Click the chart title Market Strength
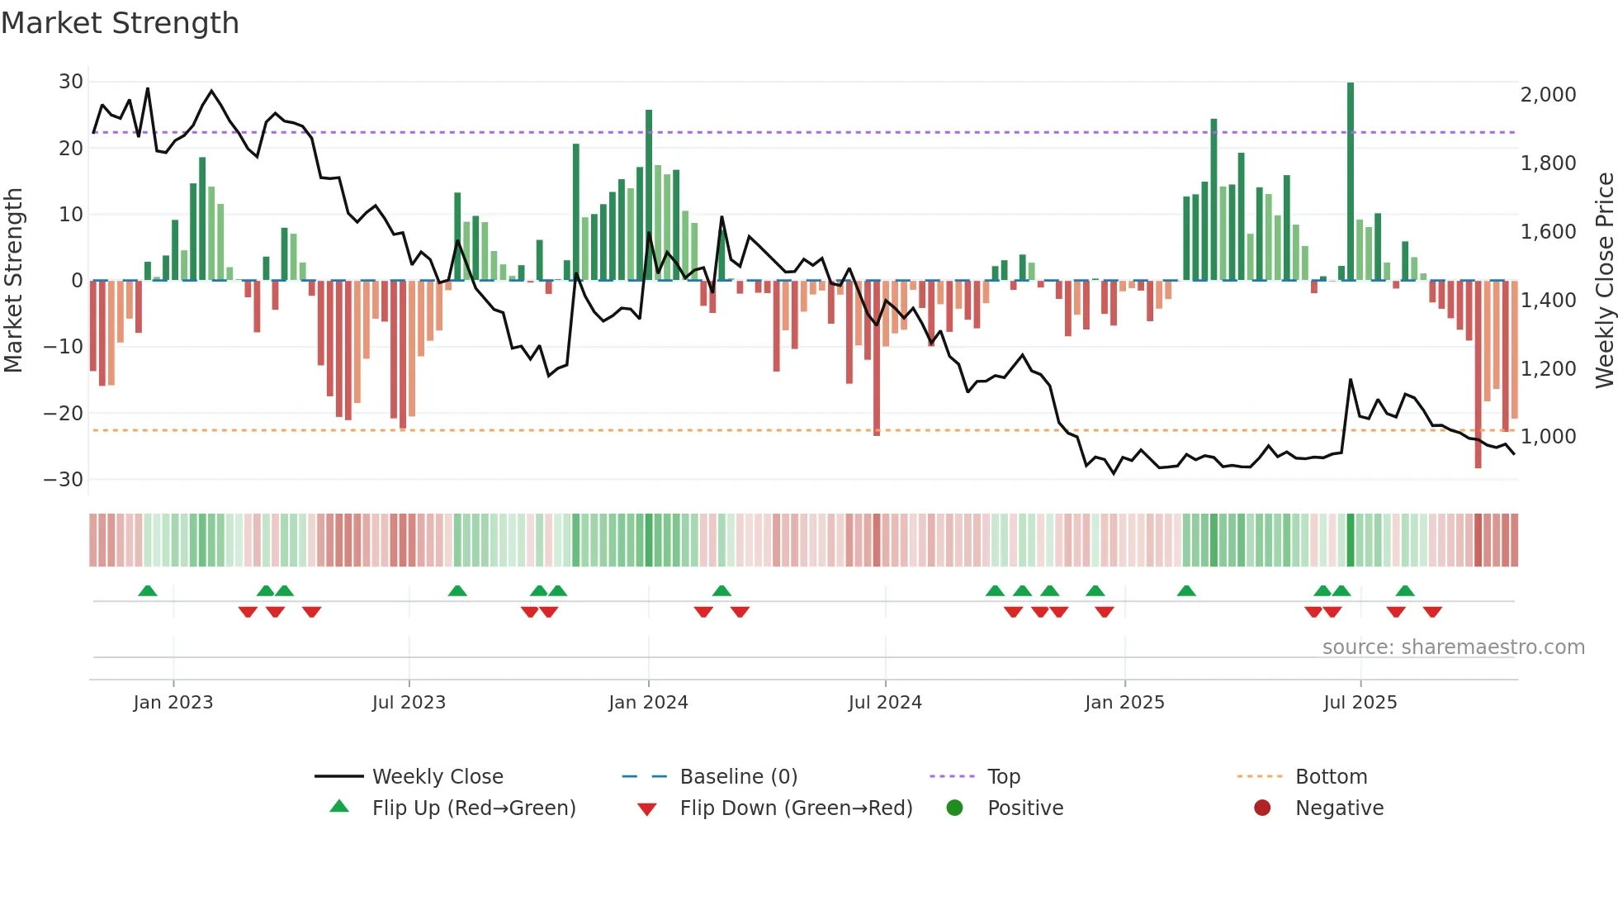coord(120,23)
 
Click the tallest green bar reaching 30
coord(1351,182)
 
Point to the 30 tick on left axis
coord(71,82)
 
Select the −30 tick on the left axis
coord(64,480)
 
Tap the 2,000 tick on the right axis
coord(1548,95)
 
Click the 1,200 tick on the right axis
coord(1548,369)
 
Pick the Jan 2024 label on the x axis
coord(648,703)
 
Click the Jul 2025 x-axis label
coord(1360,703)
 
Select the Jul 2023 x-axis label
coord(409,703)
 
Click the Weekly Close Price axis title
coord(1604,281)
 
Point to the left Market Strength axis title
coord(14,281)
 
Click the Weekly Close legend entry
coord(437,777)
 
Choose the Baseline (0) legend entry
coord(738,777)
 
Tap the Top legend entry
coord(1003,777)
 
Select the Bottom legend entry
coord(1331,777)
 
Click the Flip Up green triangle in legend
coord(339,807)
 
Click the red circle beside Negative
coord(1262,808)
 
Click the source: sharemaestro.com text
coord(1453,647)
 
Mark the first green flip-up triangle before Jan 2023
coord(148,591)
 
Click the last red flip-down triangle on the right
coord(1432,612)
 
